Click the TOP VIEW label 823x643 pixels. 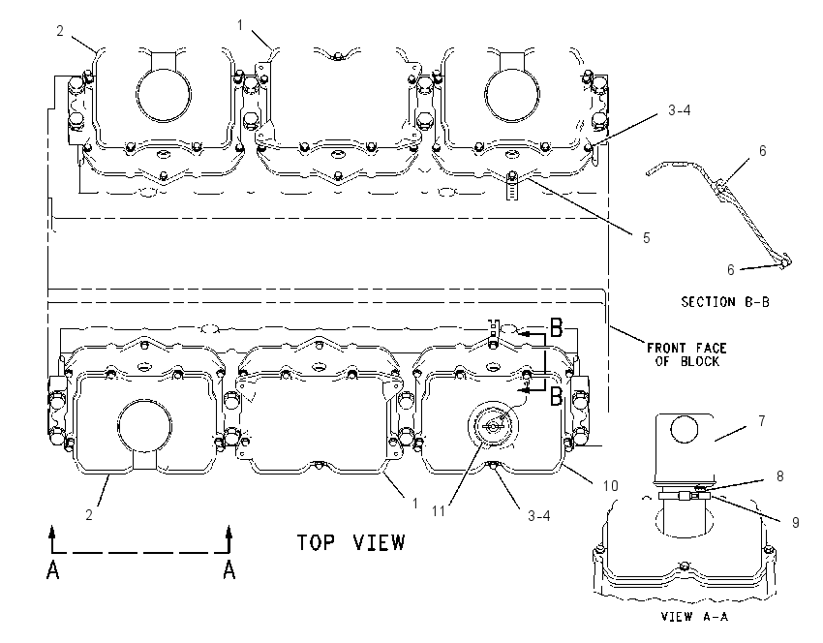(x=351, y=542)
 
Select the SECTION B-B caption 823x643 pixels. (x=725, y=302)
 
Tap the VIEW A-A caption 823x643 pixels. (x=694, y=616)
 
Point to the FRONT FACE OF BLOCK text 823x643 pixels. (x=686, y=354)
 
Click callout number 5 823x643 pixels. (x=647, y=238)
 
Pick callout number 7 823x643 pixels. (x=762, y=421)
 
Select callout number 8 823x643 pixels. (x=780, y=475)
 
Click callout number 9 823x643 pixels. (x=796, y=522)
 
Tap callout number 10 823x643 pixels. (x=610, y=485)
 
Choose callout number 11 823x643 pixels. (x=439, y=510)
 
